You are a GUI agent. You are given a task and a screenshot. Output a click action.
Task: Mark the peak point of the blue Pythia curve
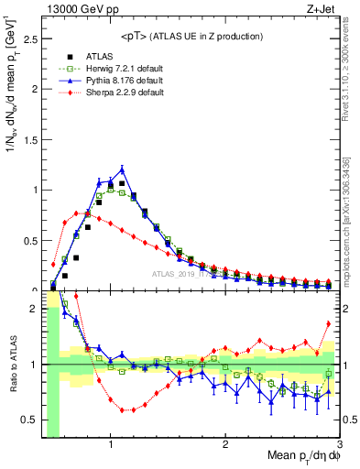click(x=122, y=169)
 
